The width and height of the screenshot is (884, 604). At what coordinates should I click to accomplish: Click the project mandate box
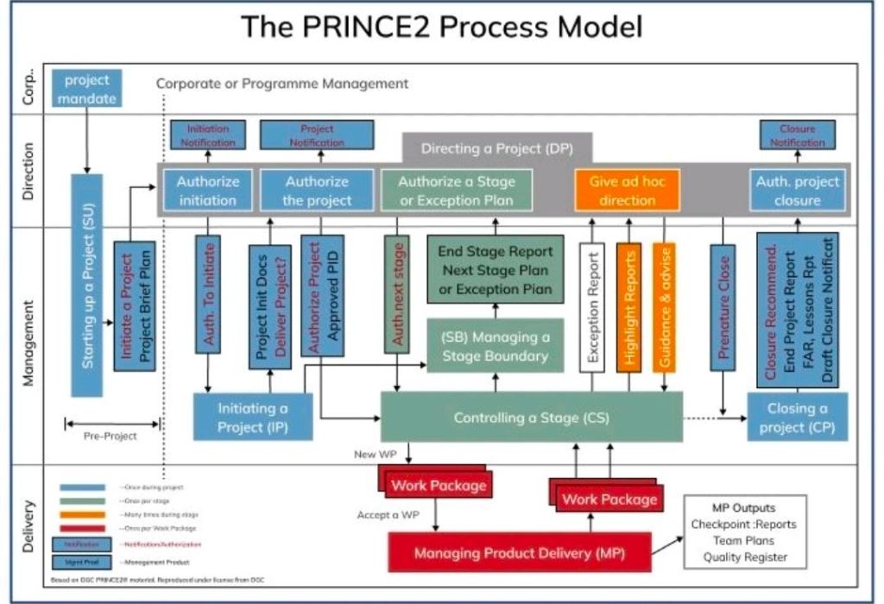click(x=87, y=88)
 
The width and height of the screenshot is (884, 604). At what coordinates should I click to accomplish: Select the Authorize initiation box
click(x=207, y=191)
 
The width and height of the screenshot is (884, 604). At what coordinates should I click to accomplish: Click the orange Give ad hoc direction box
click(x=628, y=191)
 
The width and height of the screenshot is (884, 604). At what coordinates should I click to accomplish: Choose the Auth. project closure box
click(x=797, y=191)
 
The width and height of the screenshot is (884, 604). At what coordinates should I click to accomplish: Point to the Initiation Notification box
click(x=207, y=135)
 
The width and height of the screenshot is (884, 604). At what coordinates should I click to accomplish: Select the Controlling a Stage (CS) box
click(x=531, y=418)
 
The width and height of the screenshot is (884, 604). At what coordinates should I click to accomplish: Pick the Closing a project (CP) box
click(x=797, y=418)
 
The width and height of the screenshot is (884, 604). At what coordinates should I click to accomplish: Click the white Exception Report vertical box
click(x=592, y=307)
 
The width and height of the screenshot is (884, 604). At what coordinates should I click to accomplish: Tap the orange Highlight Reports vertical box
click(x=628, y=307)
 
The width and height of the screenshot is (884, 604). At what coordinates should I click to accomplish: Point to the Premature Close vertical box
click(x=723, y=307)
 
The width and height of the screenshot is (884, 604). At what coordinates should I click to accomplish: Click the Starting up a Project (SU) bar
click(x=87, y=286)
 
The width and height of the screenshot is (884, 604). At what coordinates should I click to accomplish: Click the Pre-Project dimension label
click(x=110, y=436)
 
